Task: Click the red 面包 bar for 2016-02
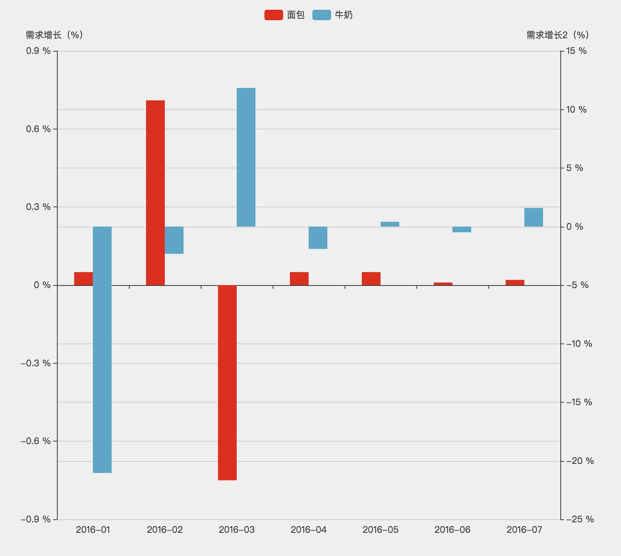click(155, 193)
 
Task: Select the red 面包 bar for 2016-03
click(227, 382)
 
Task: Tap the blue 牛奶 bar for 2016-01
click(102, 349)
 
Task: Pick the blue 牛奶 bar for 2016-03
click(246, 157)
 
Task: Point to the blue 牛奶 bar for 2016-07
click(534, 217)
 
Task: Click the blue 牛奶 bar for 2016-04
click(318, 238)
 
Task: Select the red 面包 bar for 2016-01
click(84, 279)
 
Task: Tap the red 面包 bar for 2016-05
click(371, 279)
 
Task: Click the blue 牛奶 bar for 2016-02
click(174, 240)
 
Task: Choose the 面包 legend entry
click(285, 15)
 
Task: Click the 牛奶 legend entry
click(333, 15)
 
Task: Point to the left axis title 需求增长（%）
click(54, 35)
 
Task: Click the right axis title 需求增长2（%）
click(558, 35)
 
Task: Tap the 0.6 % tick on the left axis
click(38, 129)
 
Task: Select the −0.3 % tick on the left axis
click(36, 363)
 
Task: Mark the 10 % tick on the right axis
click(576, 110)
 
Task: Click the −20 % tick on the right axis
click(580, 461)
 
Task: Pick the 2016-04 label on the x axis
click(309, 530)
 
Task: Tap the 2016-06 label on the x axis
click(452, 530)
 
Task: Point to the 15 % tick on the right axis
click(576, 51)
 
